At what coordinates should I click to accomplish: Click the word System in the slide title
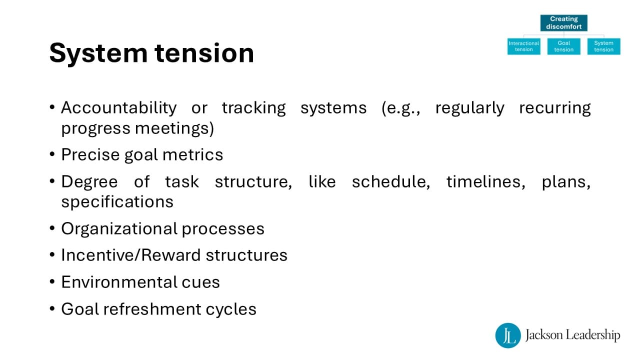(98, 53)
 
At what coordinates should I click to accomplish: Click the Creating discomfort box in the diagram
(563, 23)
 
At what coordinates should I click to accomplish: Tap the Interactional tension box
(523, 46)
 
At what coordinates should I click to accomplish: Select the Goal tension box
(563, 46)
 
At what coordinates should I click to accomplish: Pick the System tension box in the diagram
(603, 46)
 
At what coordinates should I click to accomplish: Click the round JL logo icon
(508, 335)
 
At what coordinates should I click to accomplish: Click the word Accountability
(119, 108)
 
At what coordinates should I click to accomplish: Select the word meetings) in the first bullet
(174, 128)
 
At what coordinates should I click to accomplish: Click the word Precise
(90, 155)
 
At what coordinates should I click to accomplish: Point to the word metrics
(192, 155)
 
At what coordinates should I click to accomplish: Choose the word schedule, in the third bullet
(391, 182)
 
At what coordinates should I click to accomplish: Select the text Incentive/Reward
(131, 255)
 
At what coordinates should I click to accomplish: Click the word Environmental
(119, 282)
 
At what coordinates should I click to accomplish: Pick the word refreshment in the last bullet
(152, 309)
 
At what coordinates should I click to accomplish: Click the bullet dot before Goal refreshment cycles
(52, 309)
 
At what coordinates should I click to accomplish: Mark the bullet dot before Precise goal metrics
(52, 154)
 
